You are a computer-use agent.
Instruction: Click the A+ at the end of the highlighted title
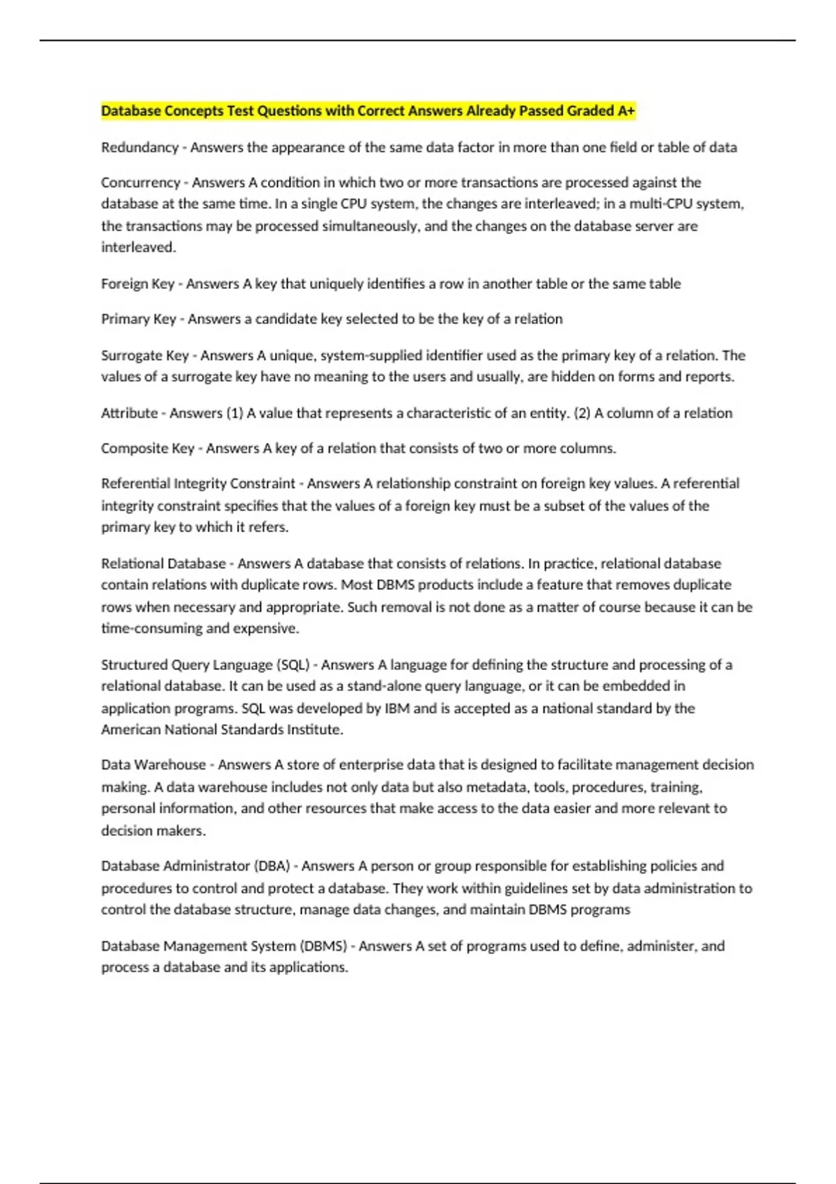pos(626,111)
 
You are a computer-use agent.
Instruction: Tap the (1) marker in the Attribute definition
pos(235,413)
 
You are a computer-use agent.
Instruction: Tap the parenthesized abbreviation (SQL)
pos(293,665)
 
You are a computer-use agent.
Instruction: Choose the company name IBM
pos(397,708)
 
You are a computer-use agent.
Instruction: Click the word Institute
pos(316,730)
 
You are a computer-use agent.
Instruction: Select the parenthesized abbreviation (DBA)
pos(272,866)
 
